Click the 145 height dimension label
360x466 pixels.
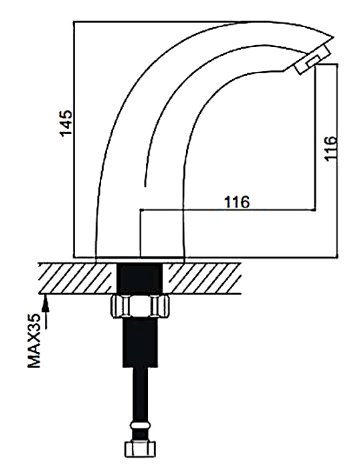point(66,123)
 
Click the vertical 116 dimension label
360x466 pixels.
point(331,148)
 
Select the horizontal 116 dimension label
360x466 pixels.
point(237,202)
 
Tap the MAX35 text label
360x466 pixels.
point(34,340)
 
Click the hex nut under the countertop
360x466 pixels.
point(140,306)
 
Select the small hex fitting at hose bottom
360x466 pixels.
point(140,449)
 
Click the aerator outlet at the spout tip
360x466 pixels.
point(313,59)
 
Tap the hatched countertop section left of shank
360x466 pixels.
point(78,278)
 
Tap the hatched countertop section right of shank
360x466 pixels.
point(202,278)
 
